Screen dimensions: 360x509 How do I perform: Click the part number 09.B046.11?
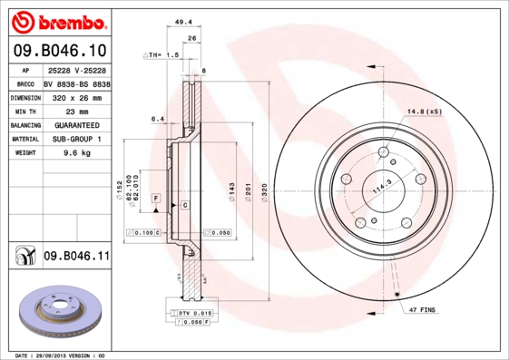[x=76, y=258]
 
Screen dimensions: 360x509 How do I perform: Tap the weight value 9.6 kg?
[x=77, y=153]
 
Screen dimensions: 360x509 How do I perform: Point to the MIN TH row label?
[x=26, y=111]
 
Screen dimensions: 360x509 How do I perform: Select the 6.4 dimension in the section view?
[x=156, y=118]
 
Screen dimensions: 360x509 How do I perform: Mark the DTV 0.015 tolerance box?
[x=191, y=313]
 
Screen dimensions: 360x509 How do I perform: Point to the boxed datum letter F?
[x=155, y=197]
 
